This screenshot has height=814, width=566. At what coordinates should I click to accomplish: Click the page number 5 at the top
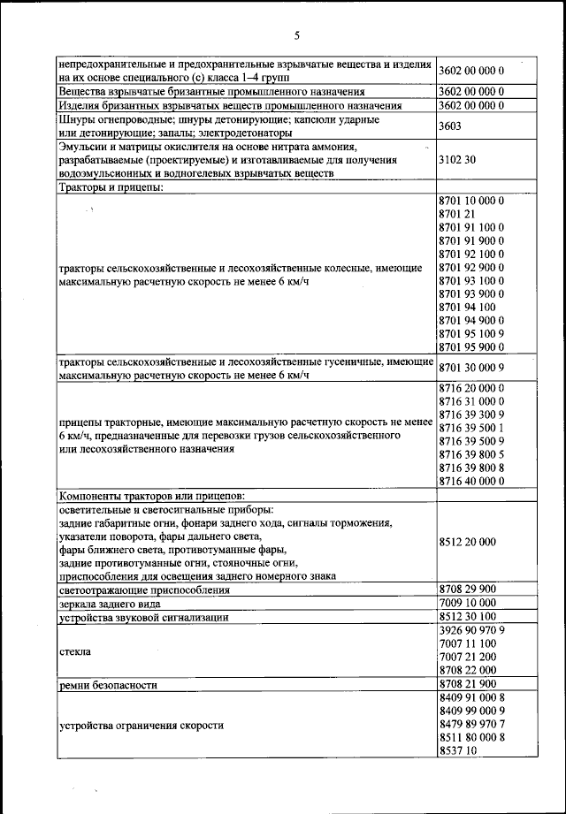(x=296, y=35)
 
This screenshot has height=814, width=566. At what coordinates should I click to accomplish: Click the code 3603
(x=451, y=126)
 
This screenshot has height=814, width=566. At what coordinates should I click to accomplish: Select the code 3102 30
(x=457, y=161)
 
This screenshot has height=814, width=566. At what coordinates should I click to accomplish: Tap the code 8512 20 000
(x=467, y=542)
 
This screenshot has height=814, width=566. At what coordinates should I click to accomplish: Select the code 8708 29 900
(x=467, y=589)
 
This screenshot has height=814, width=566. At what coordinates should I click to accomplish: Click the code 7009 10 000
(x=467, y=603)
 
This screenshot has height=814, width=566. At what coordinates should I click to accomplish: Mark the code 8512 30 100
(x=467, y=617)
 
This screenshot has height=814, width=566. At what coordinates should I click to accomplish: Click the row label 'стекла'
(x=75, y=650)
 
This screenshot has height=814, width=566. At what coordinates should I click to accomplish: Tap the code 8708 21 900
(x=467, y=684)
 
